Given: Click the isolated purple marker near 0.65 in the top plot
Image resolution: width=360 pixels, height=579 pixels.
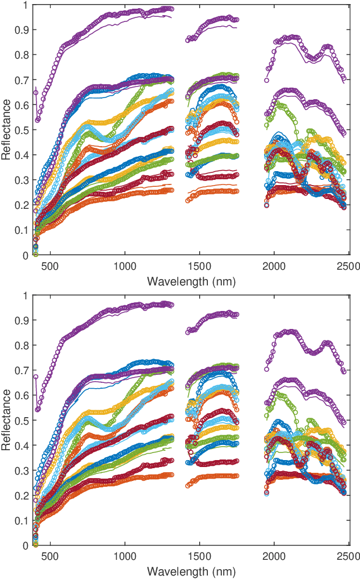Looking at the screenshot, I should pyautogui.click(x=36, y=93).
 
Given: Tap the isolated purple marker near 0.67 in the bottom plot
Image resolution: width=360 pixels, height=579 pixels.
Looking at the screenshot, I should pyautogui.click(x=36, y=377).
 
